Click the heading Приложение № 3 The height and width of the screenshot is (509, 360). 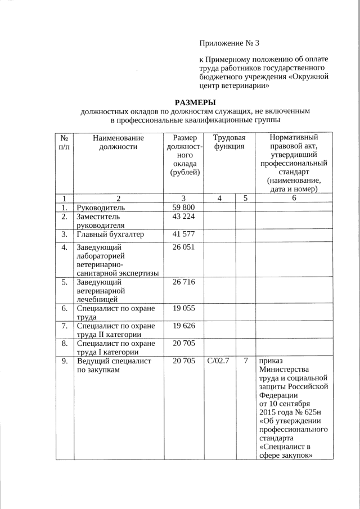[229, 43]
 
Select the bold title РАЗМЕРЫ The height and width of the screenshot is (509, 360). [195, 102]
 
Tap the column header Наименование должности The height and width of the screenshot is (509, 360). [118, 142]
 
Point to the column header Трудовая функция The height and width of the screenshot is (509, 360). [229, 142]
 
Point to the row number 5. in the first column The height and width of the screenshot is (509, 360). [65, 282]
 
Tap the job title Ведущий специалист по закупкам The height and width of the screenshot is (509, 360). [114, 366]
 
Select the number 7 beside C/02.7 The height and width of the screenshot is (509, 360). [246, 361]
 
